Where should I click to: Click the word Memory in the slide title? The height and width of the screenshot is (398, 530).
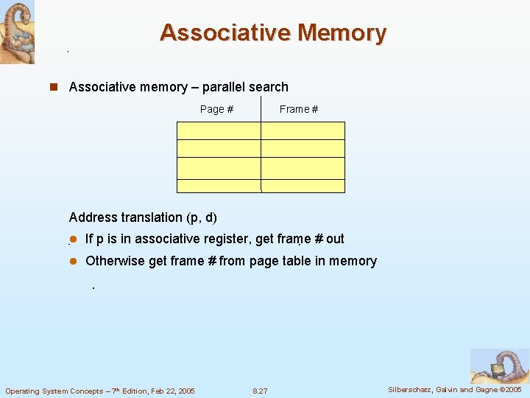click(341, 33)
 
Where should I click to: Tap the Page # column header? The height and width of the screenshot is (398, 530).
click(216, 109)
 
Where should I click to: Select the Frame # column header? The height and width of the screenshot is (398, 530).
click(299, 109)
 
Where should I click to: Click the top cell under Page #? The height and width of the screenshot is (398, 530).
click(219, 130)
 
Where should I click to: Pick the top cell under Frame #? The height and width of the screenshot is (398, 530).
click(303, 130)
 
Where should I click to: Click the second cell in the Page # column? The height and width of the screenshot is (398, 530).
click(219, 148)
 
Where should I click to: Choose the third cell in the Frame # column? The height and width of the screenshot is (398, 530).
click(303, 167)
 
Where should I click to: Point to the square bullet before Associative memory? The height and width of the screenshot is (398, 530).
click(53, 87)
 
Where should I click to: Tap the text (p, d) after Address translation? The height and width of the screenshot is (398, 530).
click(202, 217)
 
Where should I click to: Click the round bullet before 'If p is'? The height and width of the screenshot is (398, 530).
click(73, 239)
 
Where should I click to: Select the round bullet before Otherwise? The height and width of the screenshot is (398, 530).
click(73, 261)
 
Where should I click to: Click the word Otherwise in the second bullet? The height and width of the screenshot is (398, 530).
click(115, 261)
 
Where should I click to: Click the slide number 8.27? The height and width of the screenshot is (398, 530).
click(260, 391)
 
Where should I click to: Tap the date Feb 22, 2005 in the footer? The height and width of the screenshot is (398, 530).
click(168, 391)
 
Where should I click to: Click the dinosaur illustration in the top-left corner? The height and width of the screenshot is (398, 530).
click(17, 32)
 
